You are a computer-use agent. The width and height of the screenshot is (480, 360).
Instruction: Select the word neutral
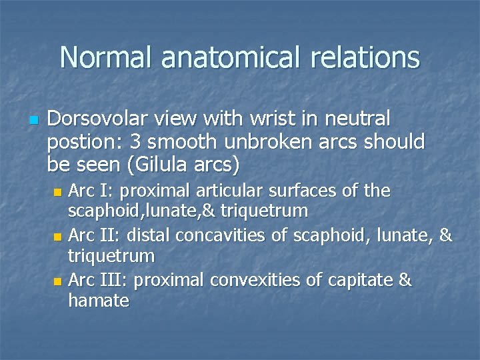pyautogui.click(x=353, y=120)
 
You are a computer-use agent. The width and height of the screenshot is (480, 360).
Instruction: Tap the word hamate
pyautogui.click(x=99, y=301)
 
